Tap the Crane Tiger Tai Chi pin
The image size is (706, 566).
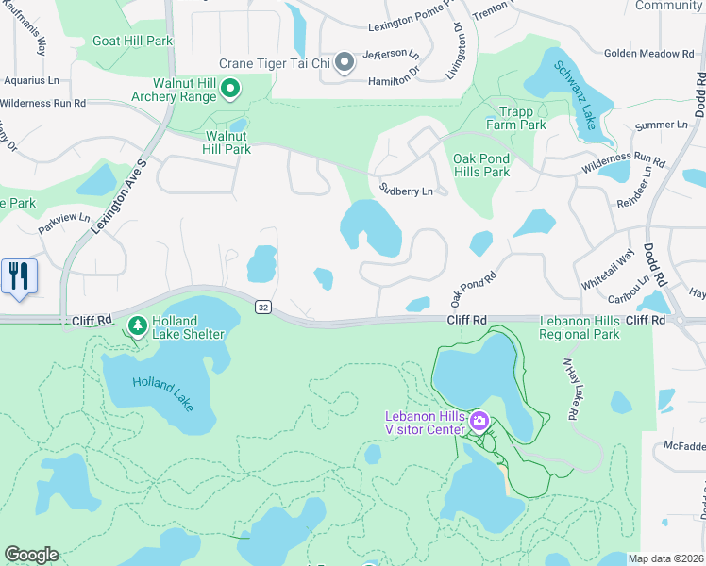tap(345, 63)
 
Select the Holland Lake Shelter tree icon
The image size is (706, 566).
tap(138, 325)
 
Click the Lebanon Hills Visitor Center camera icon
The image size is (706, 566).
tap(479, 420)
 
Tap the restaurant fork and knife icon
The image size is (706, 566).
tap(19, 276)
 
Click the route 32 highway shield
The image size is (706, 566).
tap(262, 307)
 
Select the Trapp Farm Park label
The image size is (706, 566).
tap(515, 118)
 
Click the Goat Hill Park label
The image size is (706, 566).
tap(132, 42)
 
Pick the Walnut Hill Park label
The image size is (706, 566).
tap(228, 142)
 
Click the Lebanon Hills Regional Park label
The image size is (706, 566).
tap(580, 327)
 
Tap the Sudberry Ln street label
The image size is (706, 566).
tap(406, 191)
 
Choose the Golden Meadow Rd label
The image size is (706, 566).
tap(648, 54)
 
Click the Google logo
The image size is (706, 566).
tap(31, 555)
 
